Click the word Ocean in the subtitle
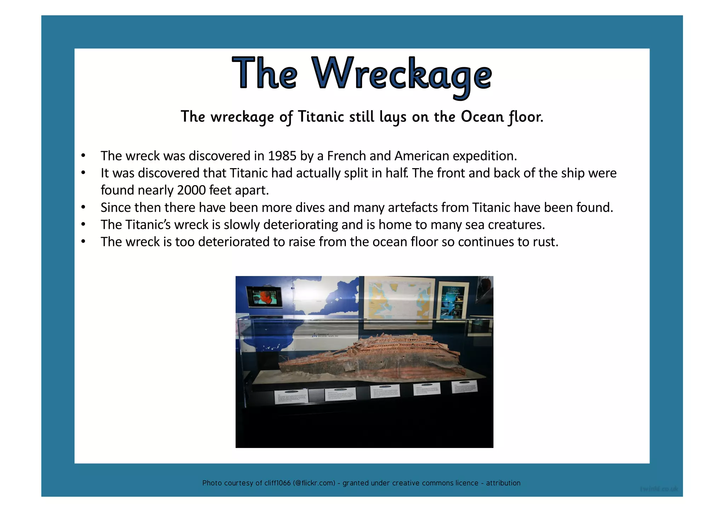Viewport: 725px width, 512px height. (482, 117)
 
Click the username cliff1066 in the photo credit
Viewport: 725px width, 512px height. (278, 483)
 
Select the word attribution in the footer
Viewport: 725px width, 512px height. (503, 483)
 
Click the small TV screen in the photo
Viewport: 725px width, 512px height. (265, 297)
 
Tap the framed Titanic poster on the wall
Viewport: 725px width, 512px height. (453, 300)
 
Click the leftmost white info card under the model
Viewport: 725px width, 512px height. (291, 396)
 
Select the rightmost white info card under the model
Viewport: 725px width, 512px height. (465, 386)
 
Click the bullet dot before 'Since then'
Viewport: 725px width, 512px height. (83, 207)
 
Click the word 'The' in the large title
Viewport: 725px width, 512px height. (265, 74)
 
